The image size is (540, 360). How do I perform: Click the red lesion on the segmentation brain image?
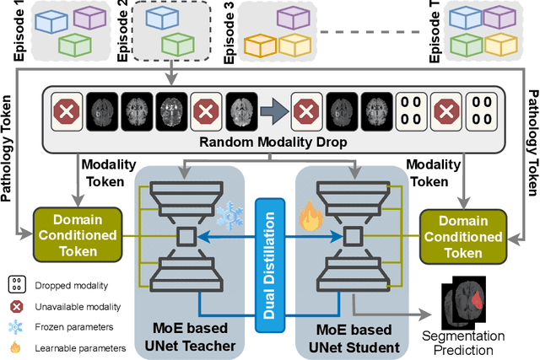point(477,297)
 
